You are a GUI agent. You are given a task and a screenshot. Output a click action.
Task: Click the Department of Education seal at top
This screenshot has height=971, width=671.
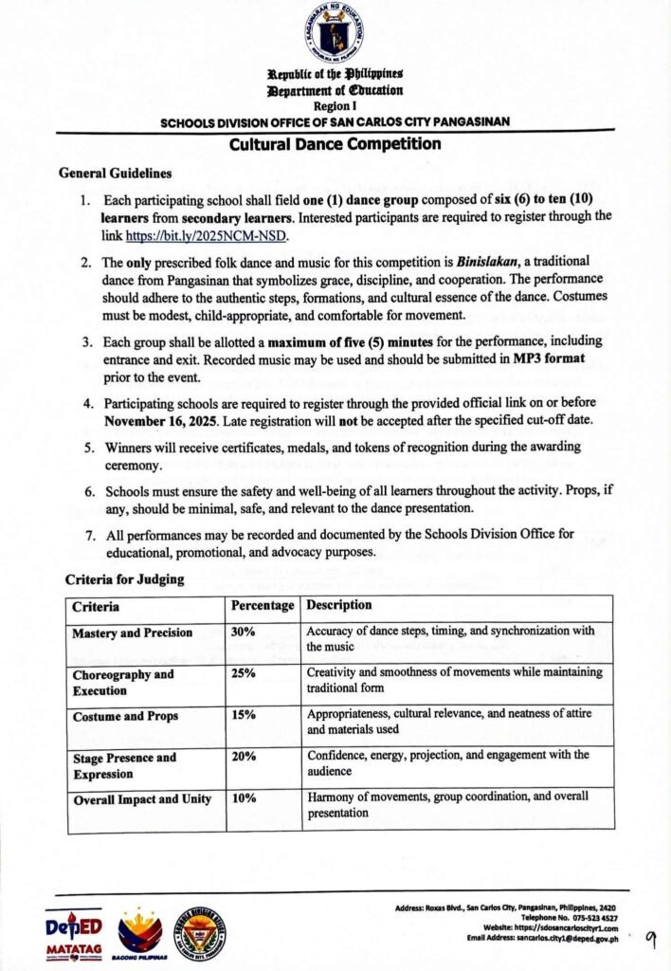click(335, 35)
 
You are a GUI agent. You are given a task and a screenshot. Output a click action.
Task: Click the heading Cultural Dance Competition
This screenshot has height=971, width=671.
click(335, 144)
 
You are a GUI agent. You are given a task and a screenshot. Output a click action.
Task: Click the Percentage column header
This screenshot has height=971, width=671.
click(262, 605)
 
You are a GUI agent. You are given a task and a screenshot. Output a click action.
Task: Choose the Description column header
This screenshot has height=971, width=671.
click(339, 605)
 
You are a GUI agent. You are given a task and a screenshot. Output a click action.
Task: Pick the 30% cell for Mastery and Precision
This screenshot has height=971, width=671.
click(243, 632)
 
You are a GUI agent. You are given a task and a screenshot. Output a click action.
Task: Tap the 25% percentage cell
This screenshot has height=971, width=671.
click(243, 674)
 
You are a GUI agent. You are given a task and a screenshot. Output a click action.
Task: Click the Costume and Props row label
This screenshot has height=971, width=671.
click(125, 716)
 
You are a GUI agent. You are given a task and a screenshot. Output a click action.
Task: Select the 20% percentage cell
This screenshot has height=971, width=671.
click(243, 757)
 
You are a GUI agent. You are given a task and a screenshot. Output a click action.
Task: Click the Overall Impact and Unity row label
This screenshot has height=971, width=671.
click(142, 798)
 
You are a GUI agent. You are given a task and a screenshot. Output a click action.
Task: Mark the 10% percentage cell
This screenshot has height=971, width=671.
click(243, 798)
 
